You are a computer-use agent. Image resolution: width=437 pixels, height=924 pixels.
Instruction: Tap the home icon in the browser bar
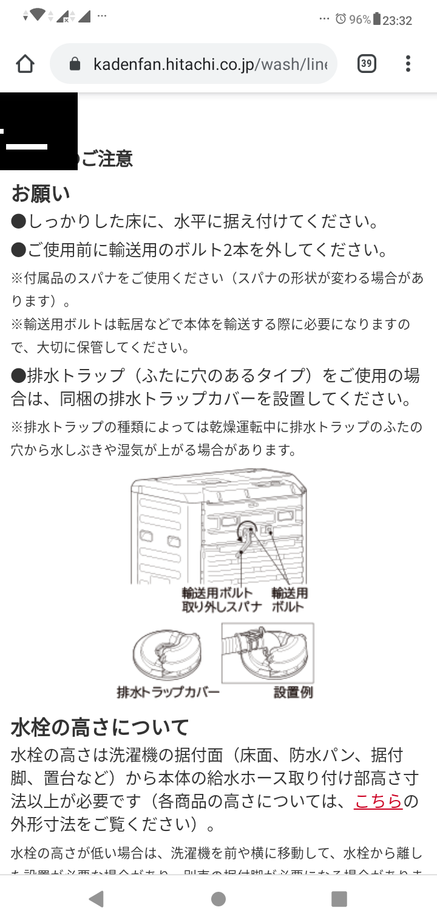tap(25, 64)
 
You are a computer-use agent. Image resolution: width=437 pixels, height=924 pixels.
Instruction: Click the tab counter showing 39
tap(366, 63)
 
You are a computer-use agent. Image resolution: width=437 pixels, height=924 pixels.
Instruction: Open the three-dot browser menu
tap(408, 63)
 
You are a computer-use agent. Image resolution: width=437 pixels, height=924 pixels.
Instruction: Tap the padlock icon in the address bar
tap(75, 64)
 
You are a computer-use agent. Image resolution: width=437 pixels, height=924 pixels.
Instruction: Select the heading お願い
tap(41, 193)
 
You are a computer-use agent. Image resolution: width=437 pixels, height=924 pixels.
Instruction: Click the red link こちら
tap(379, 801)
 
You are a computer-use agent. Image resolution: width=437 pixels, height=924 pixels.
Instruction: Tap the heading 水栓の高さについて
tap(100, 726)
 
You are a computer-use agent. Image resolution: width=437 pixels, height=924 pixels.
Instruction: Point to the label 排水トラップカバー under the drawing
tap(168, 692)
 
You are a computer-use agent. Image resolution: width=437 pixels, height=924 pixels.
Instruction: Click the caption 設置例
tap(293, 692)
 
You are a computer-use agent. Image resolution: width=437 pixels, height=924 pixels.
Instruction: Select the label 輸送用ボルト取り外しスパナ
tap(222, 599)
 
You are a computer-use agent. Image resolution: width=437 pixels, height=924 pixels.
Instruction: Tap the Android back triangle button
tap(96, 899)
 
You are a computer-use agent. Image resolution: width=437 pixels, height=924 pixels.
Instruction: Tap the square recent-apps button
tap(339, 899)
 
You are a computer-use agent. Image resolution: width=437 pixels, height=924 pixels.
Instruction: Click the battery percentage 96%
tap(360, 19)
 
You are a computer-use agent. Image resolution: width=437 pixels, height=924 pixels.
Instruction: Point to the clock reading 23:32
tap(398, 20)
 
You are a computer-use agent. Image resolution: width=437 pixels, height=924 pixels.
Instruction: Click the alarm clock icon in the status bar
tap(340, 19)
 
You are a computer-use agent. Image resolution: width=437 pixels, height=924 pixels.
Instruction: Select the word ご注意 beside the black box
tap(107, 159)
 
